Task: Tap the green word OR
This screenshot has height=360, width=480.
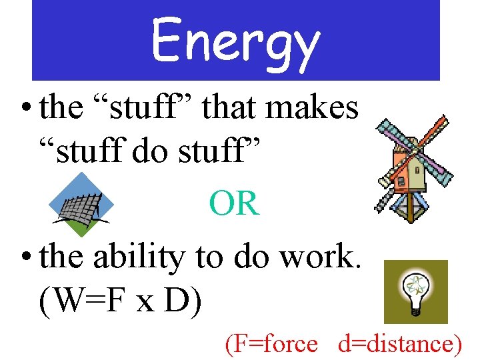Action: coord(234,203)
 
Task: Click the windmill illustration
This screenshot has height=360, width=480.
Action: coord(413,170)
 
